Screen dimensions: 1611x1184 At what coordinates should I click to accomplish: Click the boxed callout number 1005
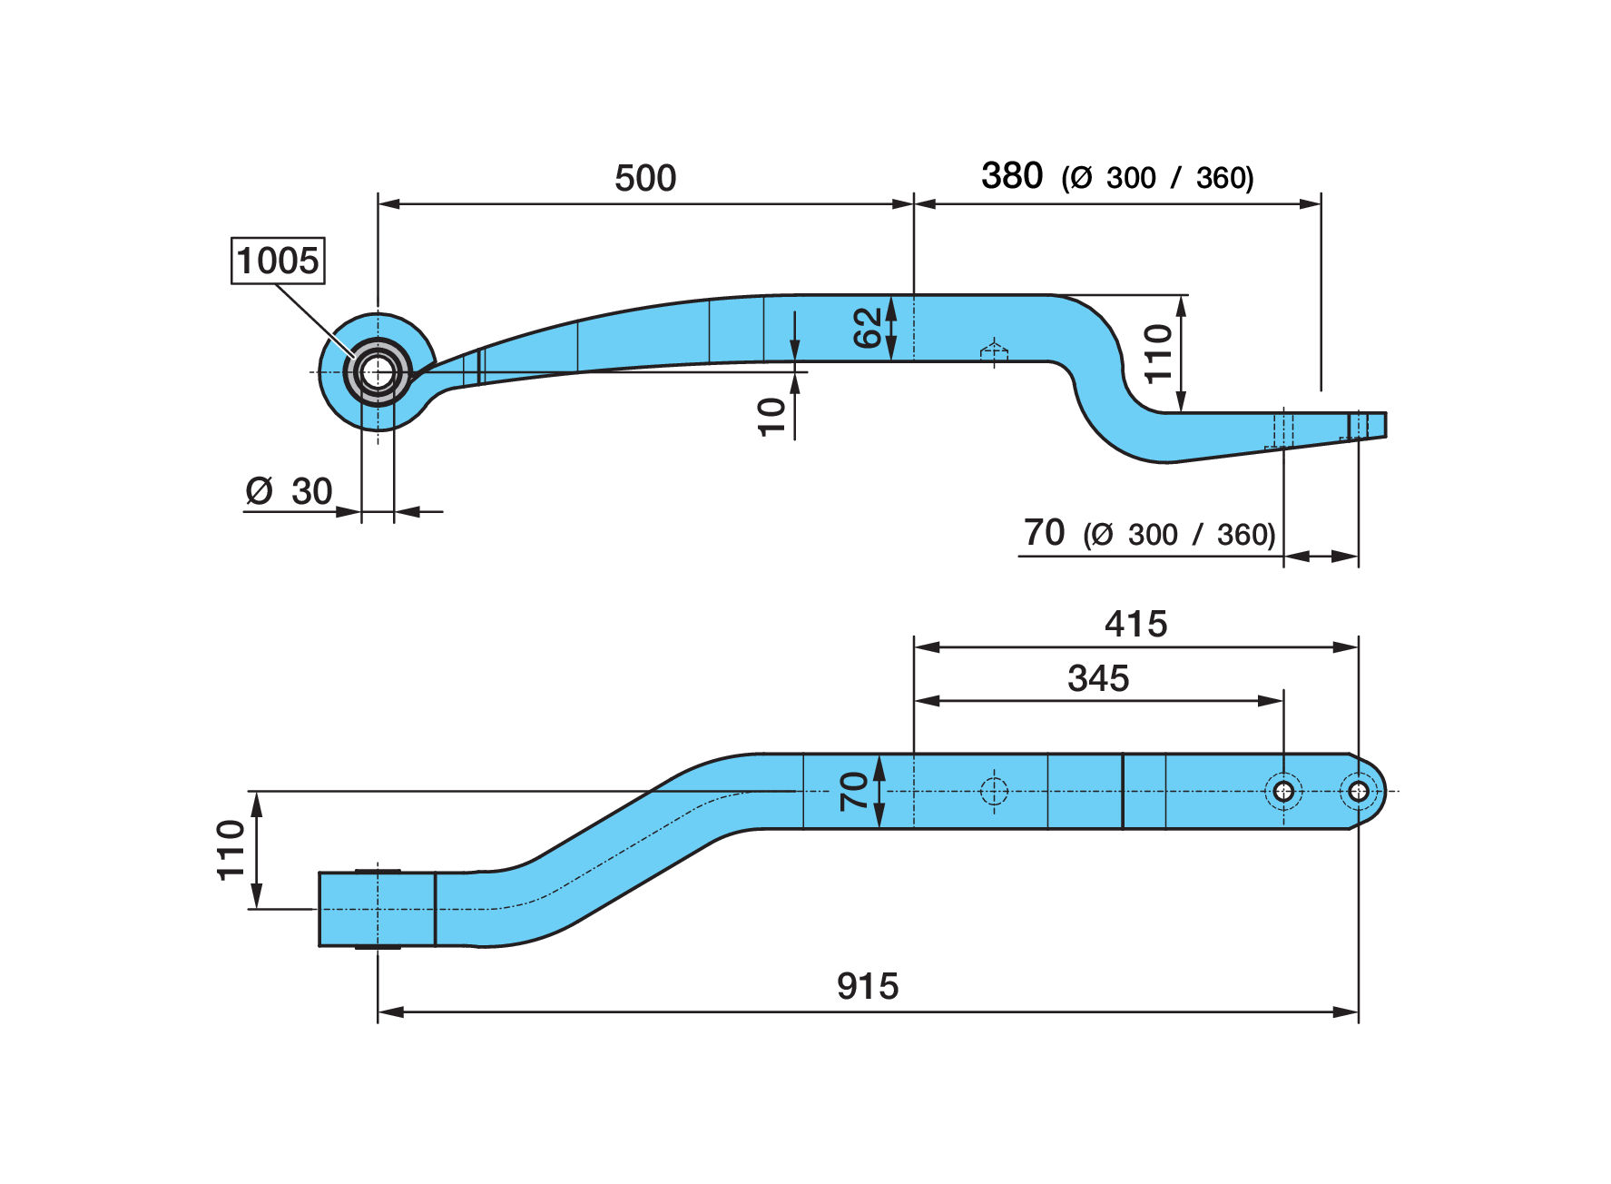(278, 261)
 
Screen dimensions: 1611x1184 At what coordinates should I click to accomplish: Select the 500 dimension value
(645, 178)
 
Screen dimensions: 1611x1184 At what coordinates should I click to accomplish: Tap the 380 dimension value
(1012, 175)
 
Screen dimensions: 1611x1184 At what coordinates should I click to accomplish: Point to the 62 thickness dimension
(868, 328)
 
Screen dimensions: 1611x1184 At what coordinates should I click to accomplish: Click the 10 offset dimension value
(771, 417)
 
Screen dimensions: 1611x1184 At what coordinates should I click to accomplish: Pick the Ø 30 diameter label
(289, 491)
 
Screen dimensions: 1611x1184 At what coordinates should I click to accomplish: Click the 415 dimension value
(1136, 624)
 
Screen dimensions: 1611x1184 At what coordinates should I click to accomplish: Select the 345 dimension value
(1098, 678)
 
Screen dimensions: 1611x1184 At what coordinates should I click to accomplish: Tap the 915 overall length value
(868, 986)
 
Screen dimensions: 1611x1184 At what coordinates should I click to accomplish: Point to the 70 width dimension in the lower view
(854, 791)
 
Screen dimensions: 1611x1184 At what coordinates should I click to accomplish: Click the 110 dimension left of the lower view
(231, 850)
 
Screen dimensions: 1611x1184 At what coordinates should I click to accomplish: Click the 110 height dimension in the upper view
(1158, 353)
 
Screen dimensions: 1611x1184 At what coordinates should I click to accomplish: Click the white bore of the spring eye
(378, 371)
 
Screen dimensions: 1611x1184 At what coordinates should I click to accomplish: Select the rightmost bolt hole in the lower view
(1358, 791)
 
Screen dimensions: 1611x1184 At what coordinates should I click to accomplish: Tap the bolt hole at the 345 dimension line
(1283, 791)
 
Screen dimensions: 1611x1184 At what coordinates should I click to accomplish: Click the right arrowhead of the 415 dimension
(1346, 647)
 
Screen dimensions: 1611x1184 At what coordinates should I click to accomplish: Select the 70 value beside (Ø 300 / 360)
(1044, 532)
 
